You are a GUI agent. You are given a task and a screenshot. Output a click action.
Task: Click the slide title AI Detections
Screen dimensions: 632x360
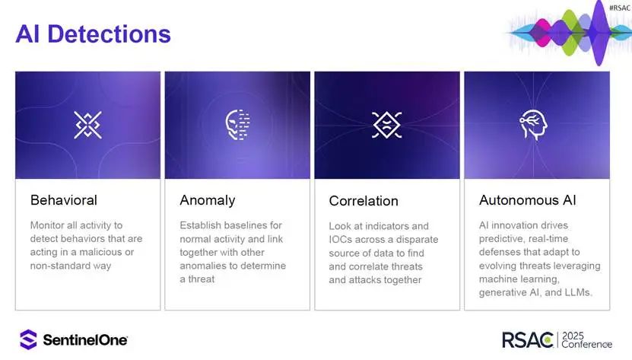[x=93, y=34]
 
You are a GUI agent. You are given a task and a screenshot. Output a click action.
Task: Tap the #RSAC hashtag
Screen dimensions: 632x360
[x=620, y=8]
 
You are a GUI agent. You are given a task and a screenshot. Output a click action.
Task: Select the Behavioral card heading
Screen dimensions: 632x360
[x=64, y=200]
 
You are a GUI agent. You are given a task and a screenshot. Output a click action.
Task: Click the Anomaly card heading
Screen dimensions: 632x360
[x=208, y=201]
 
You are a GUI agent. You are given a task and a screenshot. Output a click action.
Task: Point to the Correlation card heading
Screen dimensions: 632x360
[x=364, y=201]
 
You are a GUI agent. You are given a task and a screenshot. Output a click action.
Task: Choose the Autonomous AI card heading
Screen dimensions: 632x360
[x=528, y=200]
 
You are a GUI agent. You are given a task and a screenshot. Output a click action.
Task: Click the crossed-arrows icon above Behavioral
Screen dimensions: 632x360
[x=88, y=125]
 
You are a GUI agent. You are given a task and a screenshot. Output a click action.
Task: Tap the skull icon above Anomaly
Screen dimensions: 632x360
[x=237, y=125]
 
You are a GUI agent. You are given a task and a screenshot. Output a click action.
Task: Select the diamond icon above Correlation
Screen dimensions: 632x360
[x=386, y=125]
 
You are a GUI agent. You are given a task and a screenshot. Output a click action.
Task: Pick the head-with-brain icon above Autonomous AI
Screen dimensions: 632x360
[x=533, y=125]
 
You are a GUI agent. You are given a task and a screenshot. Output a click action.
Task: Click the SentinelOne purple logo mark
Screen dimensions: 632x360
[x=28, y=339]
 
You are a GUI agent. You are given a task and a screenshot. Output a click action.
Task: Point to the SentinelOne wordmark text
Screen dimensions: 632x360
[x=85, y=340]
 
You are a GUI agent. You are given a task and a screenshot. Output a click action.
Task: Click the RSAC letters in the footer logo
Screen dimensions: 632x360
[x=528, y=339]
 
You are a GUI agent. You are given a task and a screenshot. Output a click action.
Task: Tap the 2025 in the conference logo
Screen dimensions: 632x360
[x=573, y=336]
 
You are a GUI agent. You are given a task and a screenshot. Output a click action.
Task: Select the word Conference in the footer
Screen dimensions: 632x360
[x=587, y=344]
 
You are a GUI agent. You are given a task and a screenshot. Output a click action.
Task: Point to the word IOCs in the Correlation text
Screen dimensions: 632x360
[x=339, y=239]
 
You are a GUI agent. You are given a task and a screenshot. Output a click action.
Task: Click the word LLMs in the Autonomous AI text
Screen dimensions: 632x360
[x=579, y=292]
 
